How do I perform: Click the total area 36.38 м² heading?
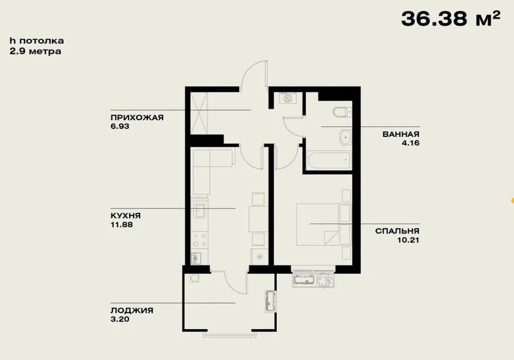[x=451, y=19]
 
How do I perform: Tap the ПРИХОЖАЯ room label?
[x=137, y=118]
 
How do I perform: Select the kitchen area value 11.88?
[x=121, y=224]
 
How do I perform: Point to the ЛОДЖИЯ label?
[x=132, y=310]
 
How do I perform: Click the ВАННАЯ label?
[x=401, y=134]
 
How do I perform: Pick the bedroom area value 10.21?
[x=408, y=240]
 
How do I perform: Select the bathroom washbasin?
[x=346, y=138]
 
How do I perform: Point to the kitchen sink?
[x=199, y=210]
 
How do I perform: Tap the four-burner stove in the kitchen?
[x=199, y=240]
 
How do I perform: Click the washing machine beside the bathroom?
[x=288, y=98]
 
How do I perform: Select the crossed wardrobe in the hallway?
[x=199, y=113]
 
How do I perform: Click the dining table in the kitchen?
[x=258, y=219]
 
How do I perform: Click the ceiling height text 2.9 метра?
[x=35, y=51]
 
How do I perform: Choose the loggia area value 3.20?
[x=120, y=319]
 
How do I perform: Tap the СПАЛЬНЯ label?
[x=397, y=231]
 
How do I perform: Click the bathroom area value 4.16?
[x=411, y=143]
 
